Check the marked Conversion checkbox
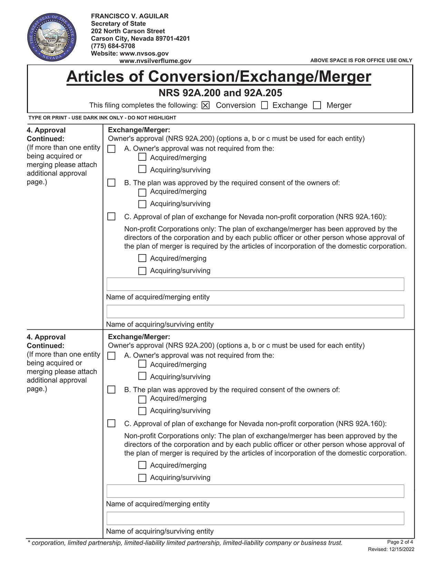(205, 106)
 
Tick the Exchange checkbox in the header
(265, 106)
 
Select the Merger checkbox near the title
(317, 106)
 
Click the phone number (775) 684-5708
(113, 46)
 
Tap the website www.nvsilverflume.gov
(155, 61)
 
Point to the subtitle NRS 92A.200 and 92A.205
(220, 93)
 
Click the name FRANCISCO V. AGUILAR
(129, 16)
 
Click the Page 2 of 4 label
(400, 542)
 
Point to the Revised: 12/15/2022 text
(391, 549)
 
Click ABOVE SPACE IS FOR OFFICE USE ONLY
(361, 60)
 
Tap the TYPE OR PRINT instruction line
(102, 118)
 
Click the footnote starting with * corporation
(185, 543)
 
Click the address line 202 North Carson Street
(128, 31)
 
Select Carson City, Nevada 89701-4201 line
(140, 39)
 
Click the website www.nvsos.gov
(144, 53)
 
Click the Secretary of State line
(118, 23)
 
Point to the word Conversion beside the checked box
(235, 106)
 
